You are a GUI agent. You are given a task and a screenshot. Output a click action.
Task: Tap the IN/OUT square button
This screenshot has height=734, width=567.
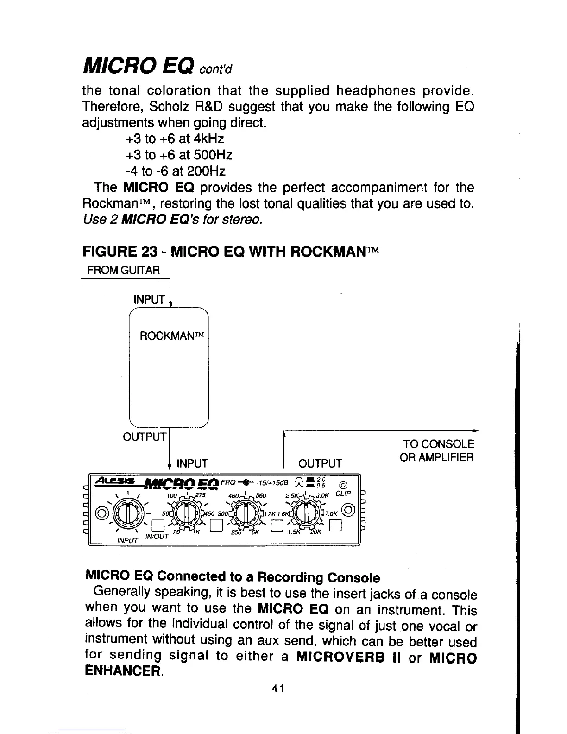pyautogui.click(x=158, y=525)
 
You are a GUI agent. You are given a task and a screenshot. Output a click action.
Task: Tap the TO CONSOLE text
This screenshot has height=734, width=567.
pyautogui.click(x=438, y=444)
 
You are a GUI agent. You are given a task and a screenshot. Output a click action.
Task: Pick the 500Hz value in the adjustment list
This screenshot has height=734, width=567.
pyautogui.click(x=211, y=155)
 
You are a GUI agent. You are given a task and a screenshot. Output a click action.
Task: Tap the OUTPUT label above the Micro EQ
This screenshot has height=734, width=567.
pyautogui.click(x=320, y=463)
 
